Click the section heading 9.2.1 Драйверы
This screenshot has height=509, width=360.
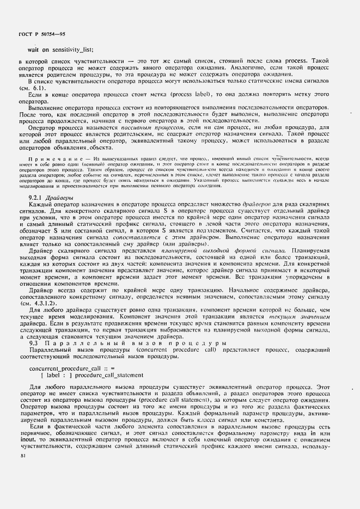[48, 197]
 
